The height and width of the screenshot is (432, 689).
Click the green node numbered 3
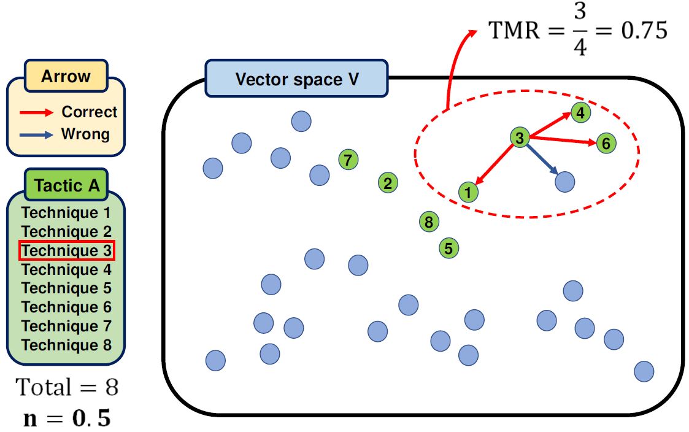[x=520, y=138]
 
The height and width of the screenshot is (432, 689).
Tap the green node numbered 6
[x=606, y=144]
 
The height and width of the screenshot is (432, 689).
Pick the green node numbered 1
[x=468, y=192]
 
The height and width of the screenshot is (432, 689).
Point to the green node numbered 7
[x=348, y=160]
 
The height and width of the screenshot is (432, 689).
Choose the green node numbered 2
[x=387, y=182]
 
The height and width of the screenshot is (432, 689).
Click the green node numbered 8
[x=428, y=222]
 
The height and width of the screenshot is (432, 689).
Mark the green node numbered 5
[x=448, y=249]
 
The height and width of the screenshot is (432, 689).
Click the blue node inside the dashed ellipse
[x=564, y=182]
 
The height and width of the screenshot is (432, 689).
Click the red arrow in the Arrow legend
[x=36, y=112]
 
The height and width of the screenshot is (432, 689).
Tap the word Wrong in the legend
[x=85, y=134]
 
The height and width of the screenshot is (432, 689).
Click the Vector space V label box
[x=297, y=79]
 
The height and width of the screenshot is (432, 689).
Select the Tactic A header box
[x=66, y=185]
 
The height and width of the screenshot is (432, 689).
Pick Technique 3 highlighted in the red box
[x=67, y=251]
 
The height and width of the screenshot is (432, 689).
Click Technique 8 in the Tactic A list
[x=67, y=345]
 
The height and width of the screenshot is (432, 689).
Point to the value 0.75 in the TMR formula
[x=644, y=31]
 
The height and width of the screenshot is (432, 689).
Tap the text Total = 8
[x=67, y=387]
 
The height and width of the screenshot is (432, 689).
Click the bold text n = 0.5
[x=67, y=418]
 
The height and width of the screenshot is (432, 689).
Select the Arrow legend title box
[x=66, y=77]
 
